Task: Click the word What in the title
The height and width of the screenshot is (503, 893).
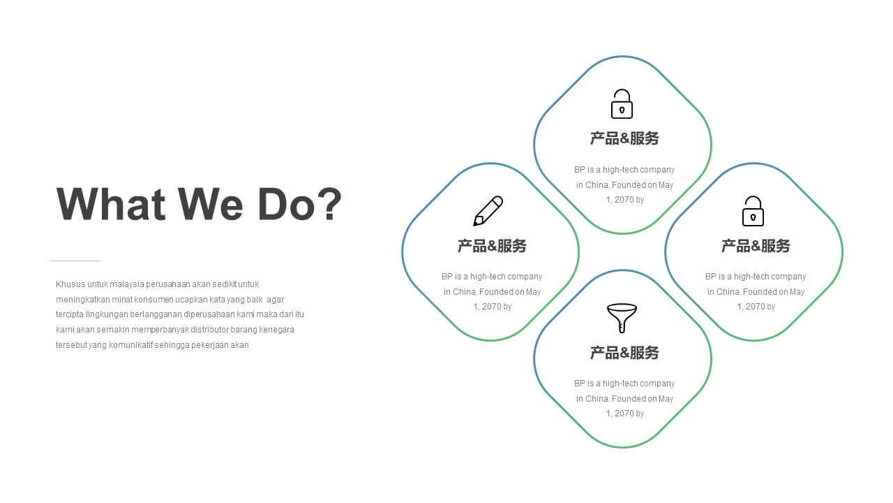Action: (111, 204)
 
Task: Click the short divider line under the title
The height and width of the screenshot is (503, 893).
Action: (75, 261)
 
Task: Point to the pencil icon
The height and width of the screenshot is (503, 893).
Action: (488, 211)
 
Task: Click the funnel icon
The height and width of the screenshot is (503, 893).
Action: (622, 318)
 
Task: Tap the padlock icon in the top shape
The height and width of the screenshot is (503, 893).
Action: (622, 104)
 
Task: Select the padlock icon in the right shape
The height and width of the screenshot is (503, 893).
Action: (753, 211)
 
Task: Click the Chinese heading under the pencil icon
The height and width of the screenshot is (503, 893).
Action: (492, 246)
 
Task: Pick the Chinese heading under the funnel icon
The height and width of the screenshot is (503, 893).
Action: (624, 353)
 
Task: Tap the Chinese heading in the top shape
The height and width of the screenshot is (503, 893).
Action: (624, 138)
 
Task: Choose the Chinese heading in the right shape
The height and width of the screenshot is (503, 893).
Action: (756, 246)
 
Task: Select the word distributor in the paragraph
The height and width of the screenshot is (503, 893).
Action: (209, 330)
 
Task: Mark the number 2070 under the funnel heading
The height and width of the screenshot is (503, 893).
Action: (623, 414)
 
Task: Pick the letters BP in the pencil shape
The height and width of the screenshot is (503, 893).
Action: (446, 277)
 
